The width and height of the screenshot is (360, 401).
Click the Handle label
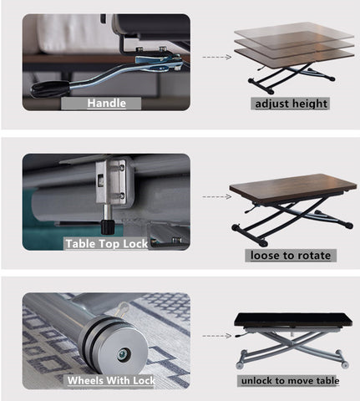[107, 104]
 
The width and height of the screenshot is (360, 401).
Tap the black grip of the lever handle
[49, 89]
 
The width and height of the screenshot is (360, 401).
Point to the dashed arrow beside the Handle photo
[217, 57]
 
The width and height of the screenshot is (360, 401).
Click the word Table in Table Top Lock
[80, 244]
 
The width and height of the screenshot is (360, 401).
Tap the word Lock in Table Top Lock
[135, 244]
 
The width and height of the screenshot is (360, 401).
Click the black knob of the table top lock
[108, 227]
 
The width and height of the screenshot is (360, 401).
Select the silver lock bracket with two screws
[111, 182]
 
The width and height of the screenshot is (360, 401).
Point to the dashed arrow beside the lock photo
[217, 196]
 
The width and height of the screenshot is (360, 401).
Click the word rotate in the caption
[315, 256]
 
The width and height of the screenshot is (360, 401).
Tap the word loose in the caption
[264, 256]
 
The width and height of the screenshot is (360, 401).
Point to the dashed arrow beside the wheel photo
[217, 336]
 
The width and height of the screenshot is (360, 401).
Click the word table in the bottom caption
[328, 381]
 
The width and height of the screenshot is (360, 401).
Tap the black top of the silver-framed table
[293, 319]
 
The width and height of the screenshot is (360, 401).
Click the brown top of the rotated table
[293, 186]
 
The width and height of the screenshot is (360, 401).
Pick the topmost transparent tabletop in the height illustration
[294, 31]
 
